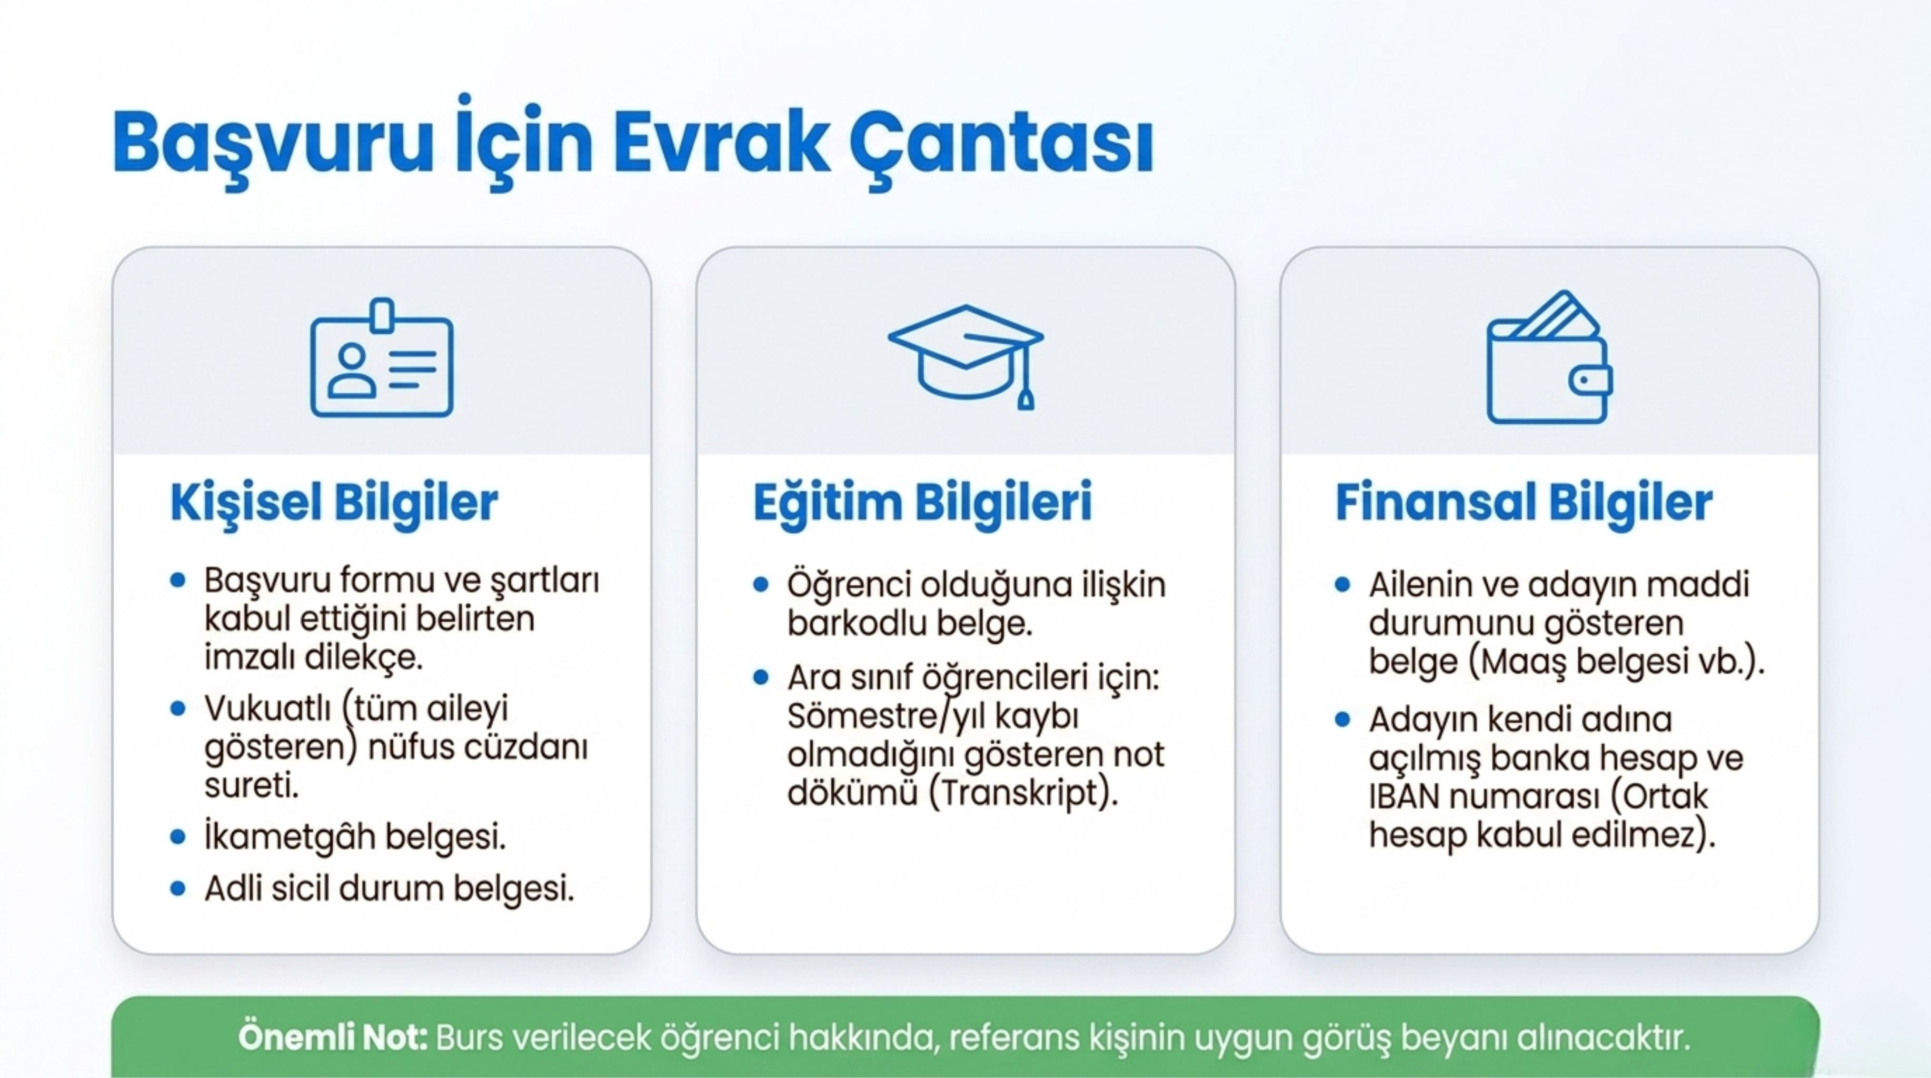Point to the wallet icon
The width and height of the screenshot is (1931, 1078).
[1549, 357]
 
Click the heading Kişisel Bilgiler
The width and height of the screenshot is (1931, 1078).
[334, 503]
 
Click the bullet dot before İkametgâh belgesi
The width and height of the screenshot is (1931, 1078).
[177, 836]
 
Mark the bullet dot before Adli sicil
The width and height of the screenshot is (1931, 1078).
[177, 889]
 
